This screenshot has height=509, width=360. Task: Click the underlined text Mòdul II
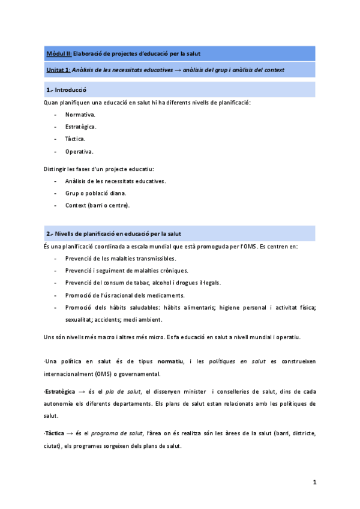tap(59, 54)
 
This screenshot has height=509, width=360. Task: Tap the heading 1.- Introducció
tap(67, 90)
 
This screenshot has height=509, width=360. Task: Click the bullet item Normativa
tap(80, 114)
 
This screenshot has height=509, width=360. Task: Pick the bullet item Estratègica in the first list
tap(81, 127)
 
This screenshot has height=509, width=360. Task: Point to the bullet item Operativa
tap(79, 151)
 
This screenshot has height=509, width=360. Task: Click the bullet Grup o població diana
tap(96, 193)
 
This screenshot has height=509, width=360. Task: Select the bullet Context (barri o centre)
tap(97, 205)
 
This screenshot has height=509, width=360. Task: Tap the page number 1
tap(314, 483)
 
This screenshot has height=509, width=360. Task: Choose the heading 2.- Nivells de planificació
tap(114, 233)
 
